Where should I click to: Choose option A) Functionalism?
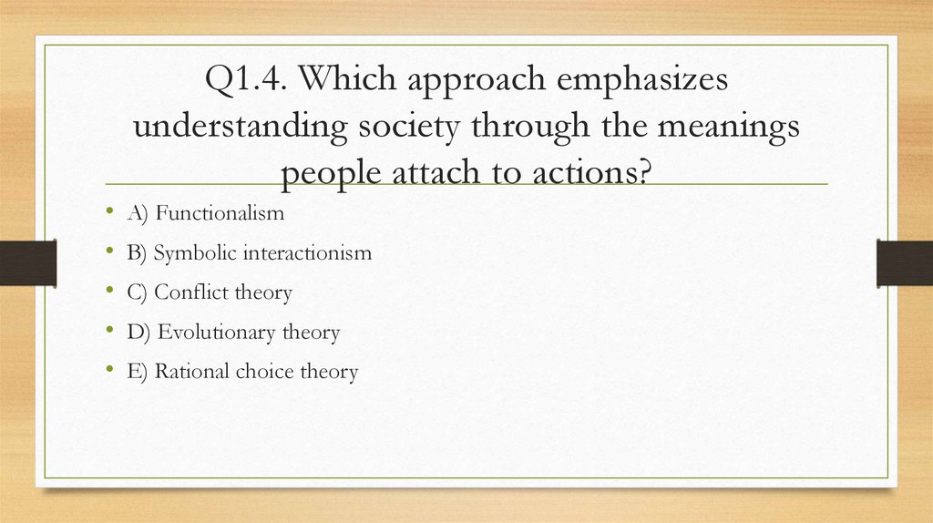206,213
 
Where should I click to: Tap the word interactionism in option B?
307,252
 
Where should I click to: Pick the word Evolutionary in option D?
217,333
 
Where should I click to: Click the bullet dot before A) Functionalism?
109,213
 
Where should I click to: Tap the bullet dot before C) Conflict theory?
109,292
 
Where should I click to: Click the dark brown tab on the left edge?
28,262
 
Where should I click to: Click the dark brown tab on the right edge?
904,262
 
